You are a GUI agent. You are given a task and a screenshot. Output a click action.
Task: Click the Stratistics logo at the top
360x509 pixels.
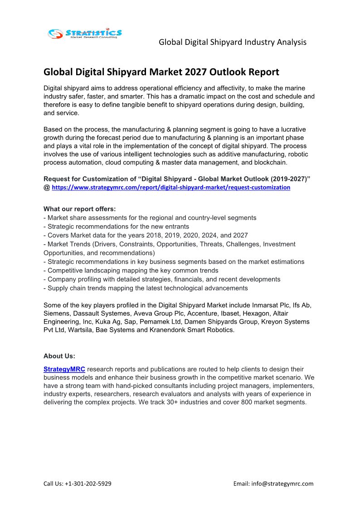(85, 34)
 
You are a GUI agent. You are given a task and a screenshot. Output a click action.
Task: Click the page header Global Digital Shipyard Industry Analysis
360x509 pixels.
(233, 42)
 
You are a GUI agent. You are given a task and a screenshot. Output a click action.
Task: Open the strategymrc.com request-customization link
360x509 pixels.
(171, 187)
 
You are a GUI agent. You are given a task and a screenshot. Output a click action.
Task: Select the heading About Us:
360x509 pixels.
(59, 356)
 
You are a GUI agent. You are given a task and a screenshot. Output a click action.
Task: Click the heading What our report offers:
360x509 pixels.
(79, 209)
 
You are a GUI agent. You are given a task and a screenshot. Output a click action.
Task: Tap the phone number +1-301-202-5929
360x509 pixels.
(88, 484)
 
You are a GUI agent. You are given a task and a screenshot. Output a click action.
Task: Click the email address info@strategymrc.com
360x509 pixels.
(285, 484)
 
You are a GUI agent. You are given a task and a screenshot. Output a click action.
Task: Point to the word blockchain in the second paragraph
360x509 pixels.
(270, 163)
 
